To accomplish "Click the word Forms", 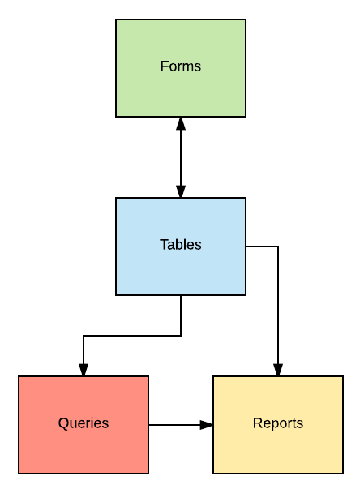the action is pos(181,66).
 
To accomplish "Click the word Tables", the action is pos(181,245).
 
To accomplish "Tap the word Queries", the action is pos(84,423).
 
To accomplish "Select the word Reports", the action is pos(278,423).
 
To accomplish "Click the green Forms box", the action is pos(181,68).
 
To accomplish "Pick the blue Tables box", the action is pos(181,247).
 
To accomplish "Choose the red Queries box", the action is pos(84,425).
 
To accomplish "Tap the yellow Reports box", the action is pos(278,425).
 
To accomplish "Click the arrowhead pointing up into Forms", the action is pos(181,123).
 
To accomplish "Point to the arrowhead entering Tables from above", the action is pos(181,191).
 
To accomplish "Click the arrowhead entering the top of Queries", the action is pos(84,370).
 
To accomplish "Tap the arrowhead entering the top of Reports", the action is pos(278,370).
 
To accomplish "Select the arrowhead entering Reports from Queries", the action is pos(206,425).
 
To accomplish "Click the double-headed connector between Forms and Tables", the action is pos(181,157).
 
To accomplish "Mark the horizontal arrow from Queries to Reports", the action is pos(181,425).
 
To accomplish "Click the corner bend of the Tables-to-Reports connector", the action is pos(278,247).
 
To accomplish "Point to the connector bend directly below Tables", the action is pos(181,336).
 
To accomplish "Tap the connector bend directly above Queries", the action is pos(84,336).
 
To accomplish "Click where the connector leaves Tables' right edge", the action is pos(246,247).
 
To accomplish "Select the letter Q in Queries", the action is pos(63,423).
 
